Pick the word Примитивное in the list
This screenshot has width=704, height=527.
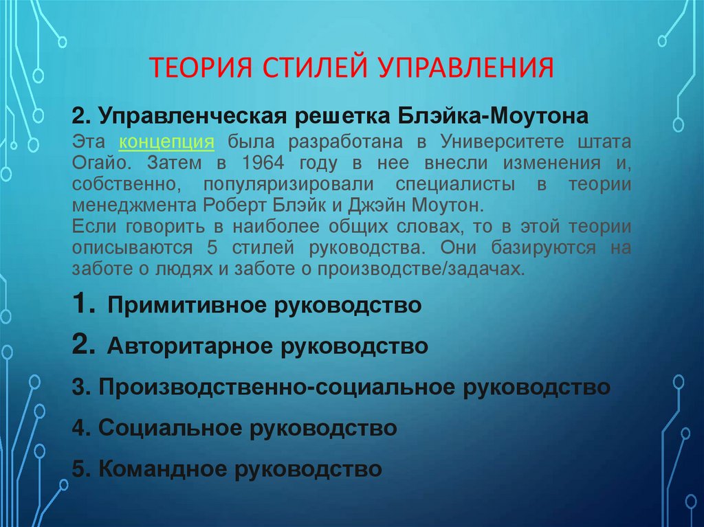click(x=186, y=305)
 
